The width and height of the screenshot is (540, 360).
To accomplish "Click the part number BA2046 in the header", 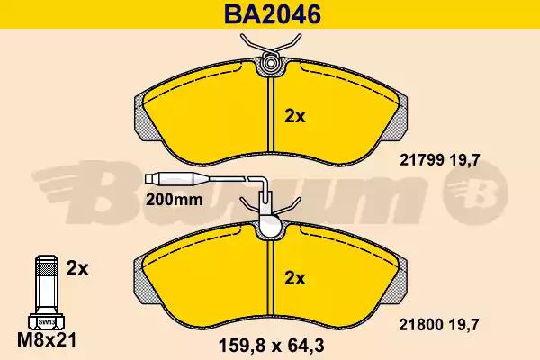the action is tap(273, 14).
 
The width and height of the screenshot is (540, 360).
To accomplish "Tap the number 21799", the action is tap(423, 160).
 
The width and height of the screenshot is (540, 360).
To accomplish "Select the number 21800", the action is tap(423, 325).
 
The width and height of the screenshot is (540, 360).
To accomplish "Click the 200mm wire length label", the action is tap(175, 200).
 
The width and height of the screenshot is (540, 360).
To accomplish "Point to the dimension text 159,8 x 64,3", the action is tap(272, 346).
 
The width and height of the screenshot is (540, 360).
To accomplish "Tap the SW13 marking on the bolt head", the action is tap(45, 322).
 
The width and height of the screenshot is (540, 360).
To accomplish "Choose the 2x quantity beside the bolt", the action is tap(77, 269).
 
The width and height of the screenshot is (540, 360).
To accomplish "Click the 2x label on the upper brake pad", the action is tap(295, 117).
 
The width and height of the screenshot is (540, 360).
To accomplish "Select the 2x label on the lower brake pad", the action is tap(295, 278).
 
